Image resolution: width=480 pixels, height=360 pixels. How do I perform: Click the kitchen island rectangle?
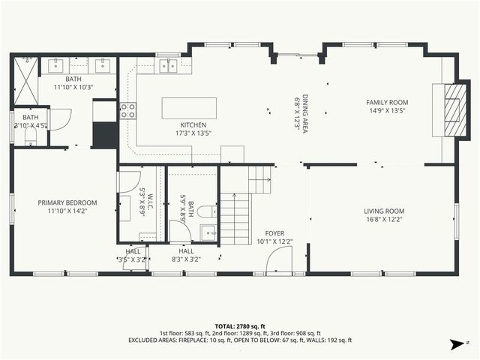[189, 107]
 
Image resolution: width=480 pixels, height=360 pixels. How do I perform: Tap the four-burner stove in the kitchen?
[128, 111]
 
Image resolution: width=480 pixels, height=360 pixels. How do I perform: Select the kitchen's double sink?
[169, 65]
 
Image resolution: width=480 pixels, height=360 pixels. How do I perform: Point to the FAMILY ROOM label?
[386, 102]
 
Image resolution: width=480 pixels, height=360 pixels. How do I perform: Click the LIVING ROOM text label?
[384, 211]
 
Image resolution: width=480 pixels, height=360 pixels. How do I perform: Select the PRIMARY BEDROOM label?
[68, 202]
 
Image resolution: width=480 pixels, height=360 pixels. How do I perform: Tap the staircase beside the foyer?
[237, 217]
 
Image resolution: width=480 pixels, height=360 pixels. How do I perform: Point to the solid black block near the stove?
[104, 135]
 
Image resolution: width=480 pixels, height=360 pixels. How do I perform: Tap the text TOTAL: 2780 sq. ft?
[239, 326]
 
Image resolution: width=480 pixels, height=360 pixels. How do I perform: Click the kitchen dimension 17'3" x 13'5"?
[193, 133]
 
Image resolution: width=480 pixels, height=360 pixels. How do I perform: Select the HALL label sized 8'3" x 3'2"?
[196, 255]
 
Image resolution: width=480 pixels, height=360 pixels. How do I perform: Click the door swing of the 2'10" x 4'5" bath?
[59, 119]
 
